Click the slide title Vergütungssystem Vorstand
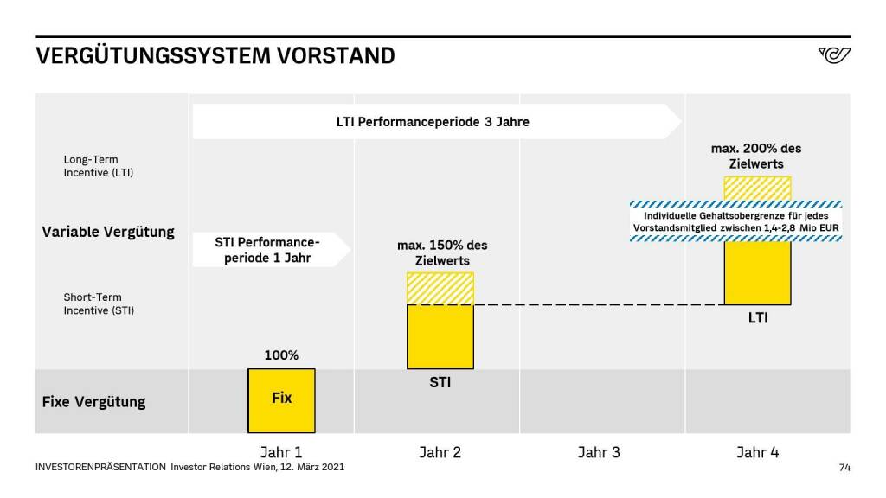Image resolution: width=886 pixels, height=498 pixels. click(x=215, y=56)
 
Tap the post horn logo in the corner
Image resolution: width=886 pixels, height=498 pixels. click(x=834, y=56)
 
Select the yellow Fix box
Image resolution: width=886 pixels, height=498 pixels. click(x=281, y=400)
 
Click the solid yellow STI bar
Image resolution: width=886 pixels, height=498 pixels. click(x=440, y=337)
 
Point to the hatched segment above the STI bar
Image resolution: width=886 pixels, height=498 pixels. click(x=440, y=289)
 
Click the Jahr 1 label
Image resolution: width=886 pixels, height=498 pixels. click(x=281, y=452)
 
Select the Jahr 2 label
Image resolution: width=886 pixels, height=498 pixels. click(x=440, y=452)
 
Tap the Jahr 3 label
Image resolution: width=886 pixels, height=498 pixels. click(x=599, y=452)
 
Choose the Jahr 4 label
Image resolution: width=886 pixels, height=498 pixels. click(x=758, y=452)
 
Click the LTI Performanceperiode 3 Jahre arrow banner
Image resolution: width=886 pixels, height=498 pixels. click(x=433, y=122)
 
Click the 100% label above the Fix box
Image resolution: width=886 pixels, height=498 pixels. click(x=281, y=355)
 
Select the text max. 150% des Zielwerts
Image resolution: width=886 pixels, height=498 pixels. click(x=442, y=252)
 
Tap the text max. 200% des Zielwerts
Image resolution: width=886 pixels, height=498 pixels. click(x=756, y=156)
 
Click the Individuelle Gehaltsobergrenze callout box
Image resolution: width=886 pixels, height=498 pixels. click(x=735, y=221)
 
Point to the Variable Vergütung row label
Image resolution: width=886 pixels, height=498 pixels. click(x=108, y=232)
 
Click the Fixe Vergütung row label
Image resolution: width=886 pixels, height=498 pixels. click(x=93, y=402)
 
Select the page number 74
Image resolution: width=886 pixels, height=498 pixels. click(x=844, y=468)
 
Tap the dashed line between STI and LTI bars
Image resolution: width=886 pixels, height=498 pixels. click(x=597, y=304)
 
